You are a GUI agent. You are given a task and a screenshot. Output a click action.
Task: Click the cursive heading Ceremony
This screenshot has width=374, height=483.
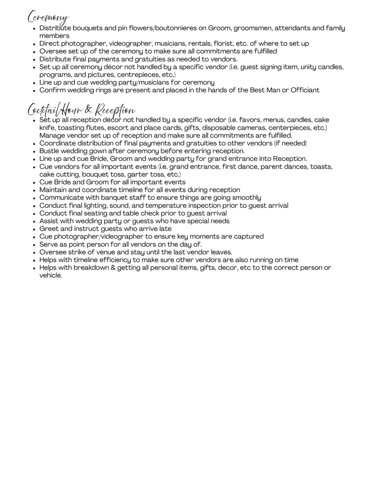tap(47, 17)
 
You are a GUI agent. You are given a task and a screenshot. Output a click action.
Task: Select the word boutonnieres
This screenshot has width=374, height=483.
tap(184, 28)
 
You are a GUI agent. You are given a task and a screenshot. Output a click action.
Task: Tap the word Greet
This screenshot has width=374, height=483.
tap(49, 228)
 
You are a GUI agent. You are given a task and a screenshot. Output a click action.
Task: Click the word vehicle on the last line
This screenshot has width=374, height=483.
tap(50, 275)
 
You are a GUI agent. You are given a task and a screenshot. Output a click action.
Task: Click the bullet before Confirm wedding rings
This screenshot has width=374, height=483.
tap(33, 91)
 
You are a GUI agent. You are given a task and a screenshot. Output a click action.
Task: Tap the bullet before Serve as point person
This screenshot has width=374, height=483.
tap(33, 245)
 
